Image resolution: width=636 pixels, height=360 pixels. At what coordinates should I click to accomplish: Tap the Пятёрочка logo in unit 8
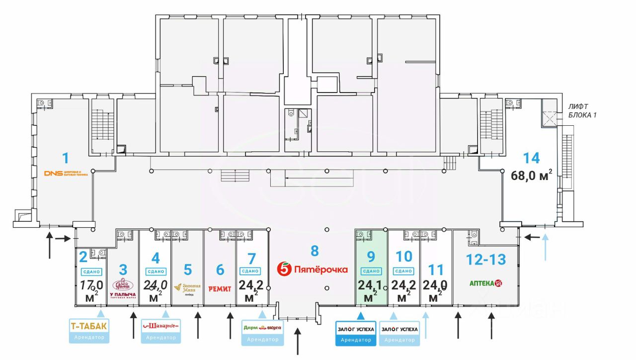[x=313, y=270]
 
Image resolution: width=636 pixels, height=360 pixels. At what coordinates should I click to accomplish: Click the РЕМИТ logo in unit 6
[x=220, y=289]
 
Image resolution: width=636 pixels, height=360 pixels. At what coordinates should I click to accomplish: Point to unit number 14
[x=531, y=158]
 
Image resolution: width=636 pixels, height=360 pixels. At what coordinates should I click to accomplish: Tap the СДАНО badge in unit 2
[x=91, y=271]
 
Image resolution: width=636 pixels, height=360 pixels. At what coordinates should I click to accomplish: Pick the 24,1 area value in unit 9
[x=370, y=285]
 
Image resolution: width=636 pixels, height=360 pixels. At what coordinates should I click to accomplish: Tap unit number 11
[x=436, y=270]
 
